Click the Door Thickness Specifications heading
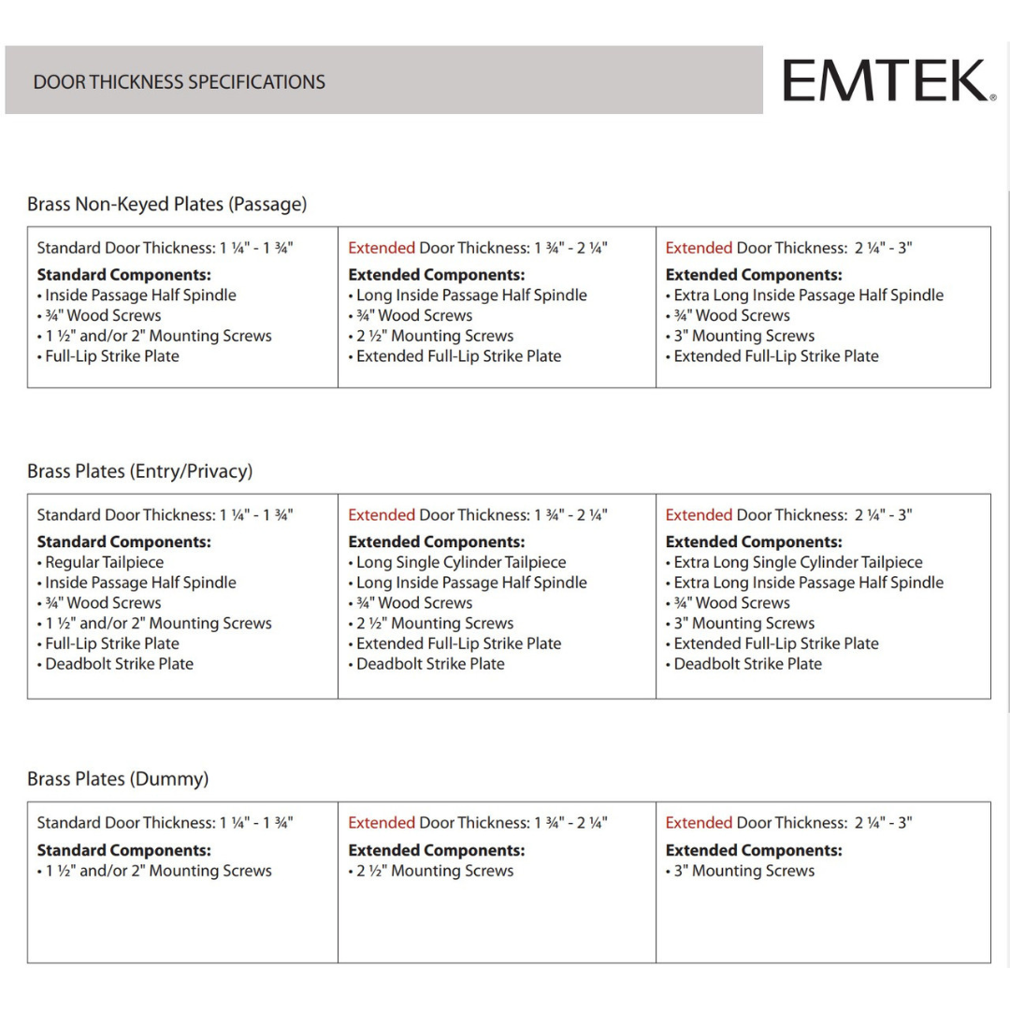pos(179,82)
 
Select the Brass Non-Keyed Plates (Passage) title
pos(166,204)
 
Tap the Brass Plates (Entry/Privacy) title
pos(139,471)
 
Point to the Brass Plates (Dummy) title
pos(118,779)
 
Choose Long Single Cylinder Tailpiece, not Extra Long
pos(461,563)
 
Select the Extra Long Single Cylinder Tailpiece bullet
pos(798,563)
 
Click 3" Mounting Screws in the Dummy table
pos(743,871)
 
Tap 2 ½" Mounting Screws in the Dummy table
pos(435,871)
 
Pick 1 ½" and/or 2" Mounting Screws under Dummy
pos(158,871)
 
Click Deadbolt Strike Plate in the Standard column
pos(119,664)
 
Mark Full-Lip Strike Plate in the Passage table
pos(111,356)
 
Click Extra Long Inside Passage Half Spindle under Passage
pos(808,296)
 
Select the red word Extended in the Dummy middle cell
pos(381,823)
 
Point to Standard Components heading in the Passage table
pos(123,275)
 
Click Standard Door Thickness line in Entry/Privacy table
pos(165,515)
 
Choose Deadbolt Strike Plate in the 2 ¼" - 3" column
pos(747,664)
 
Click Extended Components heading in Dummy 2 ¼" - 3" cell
pos(753,851)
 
